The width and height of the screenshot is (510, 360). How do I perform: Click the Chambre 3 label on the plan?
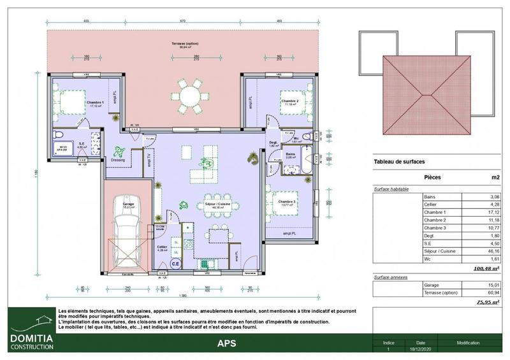click(288, 202)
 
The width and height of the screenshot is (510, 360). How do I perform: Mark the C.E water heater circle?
click(175, 261)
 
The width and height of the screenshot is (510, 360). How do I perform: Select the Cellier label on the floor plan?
click(162, 247)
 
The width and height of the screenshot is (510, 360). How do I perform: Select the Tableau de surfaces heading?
click(399, 162)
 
